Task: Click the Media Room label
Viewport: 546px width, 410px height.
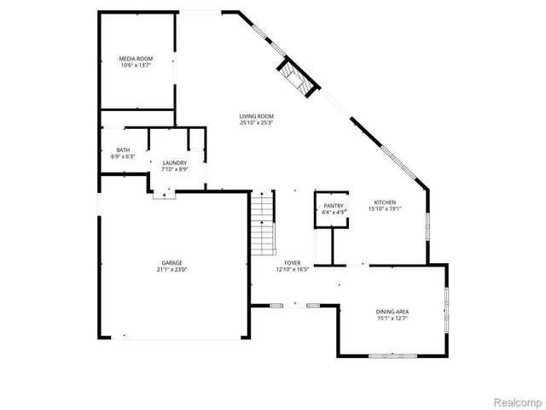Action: (x=136, y=58)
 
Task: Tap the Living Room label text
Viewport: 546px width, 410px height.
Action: (x=257, y=116)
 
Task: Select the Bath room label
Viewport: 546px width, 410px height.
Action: (x=124, y=150)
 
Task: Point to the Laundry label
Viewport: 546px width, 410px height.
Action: (x=175, y=161)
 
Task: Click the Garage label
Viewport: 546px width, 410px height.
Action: (x=172, y=262)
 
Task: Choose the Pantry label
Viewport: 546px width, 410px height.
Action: (x=333, y=206)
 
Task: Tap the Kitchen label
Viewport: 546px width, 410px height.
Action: (x=385, y=202)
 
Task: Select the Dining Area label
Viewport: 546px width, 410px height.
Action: (x=392, y=312)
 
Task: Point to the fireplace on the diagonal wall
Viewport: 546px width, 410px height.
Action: (x=299, y=78)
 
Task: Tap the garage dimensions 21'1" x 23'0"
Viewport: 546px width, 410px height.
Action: (x=172, y=270)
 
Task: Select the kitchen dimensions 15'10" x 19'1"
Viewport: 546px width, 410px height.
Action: (x=385, y=208)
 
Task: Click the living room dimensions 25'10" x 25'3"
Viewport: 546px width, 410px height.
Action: (x=257, y=123)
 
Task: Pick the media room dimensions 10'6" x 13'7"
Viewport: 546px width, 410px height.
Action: (x=136, y=65)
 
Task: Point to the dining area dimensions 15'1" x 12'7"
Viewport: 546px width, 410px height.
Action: (x=392, y=319)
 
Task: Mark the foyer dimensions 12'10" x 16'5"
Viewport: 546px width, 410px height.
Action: (x=292, y=269)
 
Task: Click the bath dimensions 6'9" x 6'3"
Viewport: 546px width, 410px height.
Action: (x=124, y=157)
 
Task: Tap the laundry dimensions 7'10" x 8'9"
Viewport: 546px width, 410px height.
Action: (x=175, y=168)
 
